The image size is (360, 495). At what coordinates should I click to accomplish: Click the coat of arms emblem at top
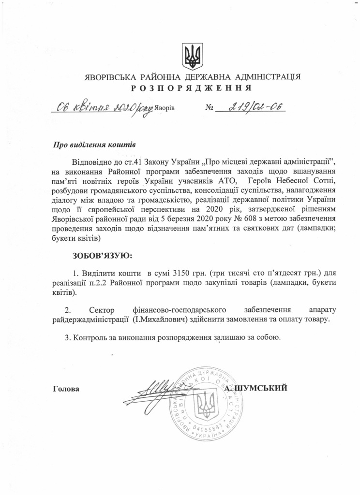pyautogui.click(x=192, y=57)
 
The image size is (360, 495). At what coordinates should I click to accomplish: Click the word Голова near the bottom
pyautogui.click(x=66, y=388)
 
